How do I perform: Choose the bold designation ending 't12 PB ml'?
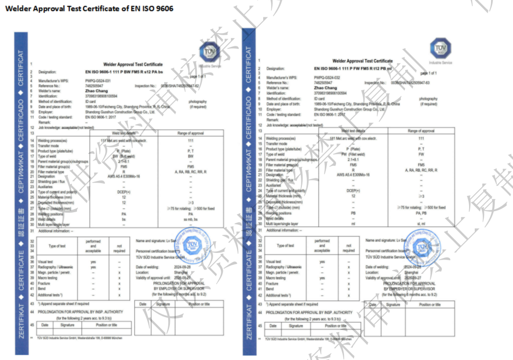click(x=353, y=68)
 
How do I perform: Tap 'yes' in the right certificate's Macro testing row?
click(x=322, y=278)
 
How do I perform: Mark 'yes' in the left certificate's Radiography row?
click(x=93, y=267)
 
